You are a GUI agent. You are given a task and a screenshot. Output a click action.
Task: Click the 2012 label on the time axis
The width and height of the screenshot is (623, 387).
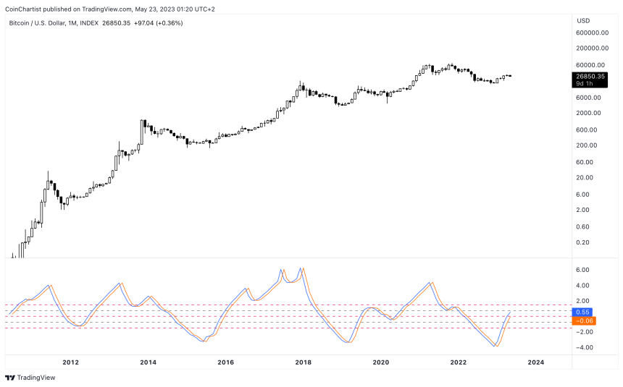(x=70, y=362)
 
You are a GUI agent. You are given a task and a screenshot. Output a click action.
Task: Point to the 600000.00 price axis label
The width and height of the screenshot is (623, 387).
(x=592, y=33)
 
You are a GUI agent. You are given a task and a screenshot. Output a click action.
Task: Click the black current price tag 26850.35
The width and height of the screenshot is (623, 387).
(x=590, y=76)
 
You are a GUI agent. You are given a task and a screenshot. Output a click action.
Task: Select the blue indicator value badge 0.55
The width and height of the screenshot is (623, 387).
(x=582, y=312)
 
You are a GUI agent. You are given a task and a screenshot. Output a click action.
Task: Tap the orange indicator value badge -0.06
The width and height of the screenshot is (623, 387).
(x=582, y=320)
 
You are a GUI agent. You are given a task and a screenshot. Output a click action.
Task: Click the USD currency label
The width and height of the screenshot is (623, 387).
(x=582, y=20)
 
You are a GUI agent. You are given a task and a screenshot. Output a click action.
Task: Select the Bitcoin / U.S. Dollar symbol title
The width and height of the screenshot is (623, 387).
(x=44, y=23)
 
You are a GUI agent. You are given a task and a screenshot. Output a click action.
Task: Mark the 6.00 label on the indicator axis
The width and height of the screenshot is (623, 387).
(x=582, y=270)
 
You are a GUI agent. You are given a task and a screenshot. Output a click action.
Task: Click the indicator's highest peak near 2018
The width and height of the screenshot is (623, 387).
(x=301, y=268)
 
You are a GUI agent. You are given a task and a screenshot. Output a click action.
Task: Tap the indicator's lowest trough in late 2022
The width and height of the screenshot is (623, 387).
(x=496, y=346)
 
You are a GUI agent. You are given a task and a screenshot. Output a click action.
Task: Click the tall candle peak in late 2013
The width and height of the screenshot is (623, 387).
(x=143, y=121)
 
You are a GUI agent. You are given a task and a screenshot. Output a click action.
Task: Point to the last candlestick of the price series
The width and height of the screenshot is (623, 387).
(x=511, y=76)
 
